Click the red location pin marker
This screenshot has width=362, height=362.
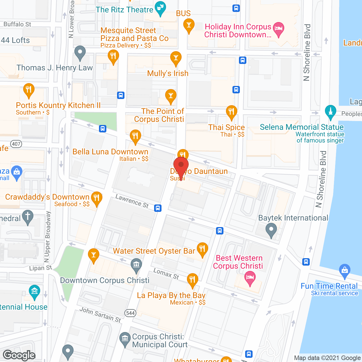pos(181,165)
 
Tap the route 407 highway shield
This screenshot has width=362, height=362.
pos(16,144)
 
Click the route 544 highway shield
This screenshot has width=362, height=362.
pos(130,313)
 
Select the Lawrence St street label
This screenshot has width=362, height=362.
pos(132,201)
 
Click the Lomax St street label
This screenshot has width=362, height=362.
pos(166,274)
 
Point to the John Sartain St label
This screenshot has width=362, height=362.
pos(100,315)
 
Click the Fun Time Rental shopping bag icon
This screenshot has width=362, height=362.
pos(344,270)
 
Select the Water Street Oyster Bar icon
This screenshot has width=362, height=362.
pos(202,249)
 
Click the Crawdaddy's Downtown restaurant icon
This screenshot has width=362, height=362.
pos(96,198)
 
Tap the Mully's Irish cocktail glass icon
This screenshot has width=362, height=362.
pos(176,58)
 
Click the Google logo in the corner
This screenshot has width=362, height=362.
pos(19,355)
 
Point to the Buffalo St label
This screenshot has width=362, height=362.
pos(17,24)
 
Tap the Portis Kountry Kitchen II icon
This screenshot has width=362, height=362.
pos(29,90)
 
